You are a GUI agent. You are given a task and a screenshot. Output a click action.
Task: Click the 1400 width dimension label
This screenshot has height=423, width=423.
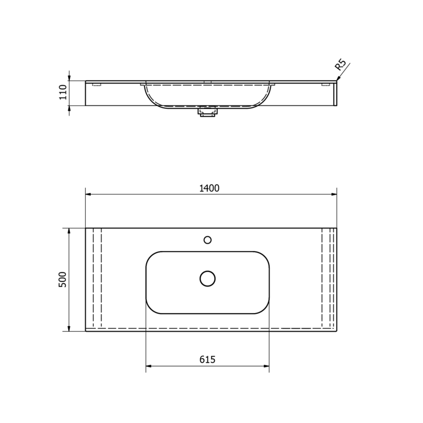[209, 188]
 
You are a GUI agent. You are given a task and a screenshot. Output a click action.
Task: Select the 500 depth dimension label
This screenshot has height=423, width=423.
[63, 280]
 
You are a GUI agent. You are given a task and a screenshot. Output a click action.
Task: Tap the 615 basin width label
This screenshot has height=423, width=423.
[208, 359]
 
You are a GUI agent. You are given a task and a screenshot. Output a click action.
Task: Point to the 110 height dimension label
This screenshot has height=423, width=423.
[63, 92]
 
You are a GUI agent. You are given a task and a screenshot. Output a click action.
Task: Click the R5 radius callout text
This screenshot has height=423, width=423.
[340, 65]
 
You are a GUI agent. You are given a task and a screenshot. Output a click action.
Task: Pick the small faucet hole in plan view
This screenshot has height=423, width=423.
[208, 240]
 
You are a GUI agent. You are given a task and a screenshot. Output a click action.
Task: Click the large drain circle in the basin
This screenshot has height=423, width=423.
[208, 279]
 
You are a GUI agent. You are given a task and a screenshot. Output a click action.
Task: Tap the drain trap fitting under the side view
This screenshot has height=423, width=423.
[208, 112]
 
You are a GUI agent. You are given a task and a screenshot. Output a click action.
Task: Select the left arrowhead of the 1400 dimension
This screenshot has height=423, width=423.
[88, 194]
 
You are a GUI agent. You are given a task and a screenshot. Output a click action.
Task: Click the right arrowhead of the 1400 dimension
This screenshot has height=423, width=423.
[334, 194]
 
